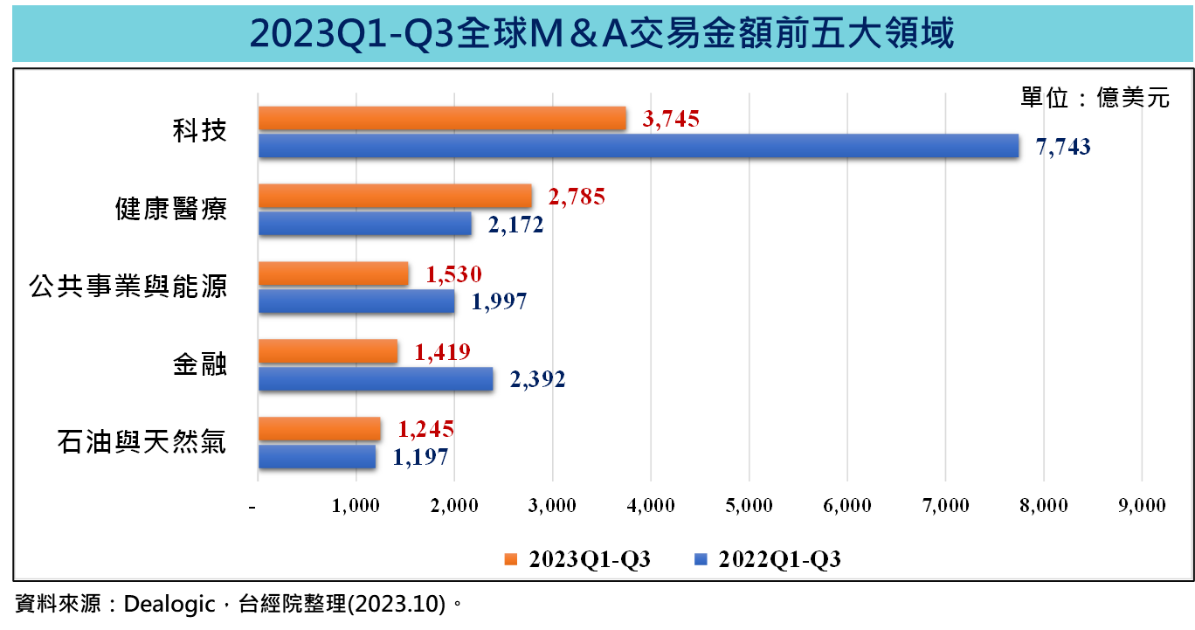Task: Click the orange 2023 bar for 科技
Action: click(442, 119)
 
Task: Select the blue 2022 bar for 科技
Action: click(639, 147)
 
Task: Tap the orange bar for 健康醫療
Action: click(395, 197)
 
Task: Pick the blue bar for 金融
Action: click(376, 379)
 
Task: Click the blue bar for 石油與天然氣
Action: click(317, 457)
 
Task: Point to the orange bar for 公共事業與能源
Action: click(334, 274)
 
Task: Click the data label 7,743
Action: click(1063, 147)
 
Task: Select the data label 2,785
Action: click(577, 197)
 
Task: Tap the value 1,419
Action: click(443, 352)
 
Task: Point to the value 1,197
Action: click(421, 457)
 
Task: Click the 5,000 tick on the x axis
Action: click(749, 506)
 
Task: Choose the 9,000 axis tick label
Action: click(1142, 506)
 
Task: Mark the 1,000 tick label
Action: click(356, 506)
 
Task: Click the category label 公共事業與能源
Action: click(128, 287)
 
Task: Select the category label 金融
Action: click(200, 365)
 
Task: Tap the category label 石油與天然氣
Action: click(142, 443)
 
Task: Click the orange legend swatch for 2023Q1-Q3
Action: click(511, 559)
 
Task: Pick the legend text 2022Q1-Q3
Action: click(779, 560)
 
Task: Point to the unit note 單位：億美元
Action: click(1095, 98)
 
